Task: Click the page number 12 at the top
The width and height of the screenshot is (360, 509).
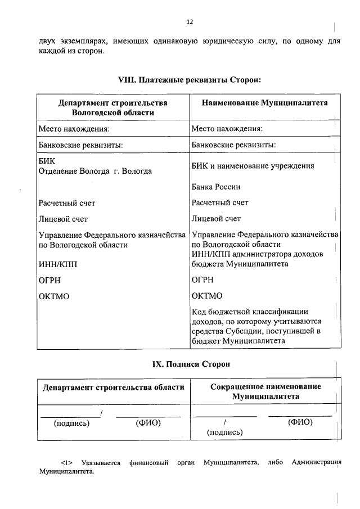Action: coord(190,22)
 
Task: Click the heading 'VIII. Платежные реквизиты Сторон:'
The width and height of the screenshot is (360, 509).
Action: coord(190,80)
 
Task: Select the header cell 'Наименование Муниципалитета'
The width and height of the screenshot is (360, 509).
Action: coord(264,103)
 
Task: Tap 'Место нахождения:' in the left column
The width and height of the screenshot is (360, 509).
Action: coord(74,129)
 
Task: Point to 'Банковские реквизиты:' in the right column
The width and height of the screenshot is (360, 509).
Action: coord(233,145)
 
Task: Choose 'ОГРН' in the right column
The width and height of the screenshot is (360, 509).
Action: coord(202,280)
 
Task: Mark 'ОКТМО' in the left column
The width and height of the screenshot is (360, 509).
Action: coord(54,296)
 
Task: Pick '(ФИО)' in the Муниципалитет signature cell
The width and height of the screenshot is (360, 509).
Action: coord(300,422)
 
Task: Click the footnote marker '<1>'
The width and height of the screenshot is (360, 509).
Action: coord(68,463)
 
